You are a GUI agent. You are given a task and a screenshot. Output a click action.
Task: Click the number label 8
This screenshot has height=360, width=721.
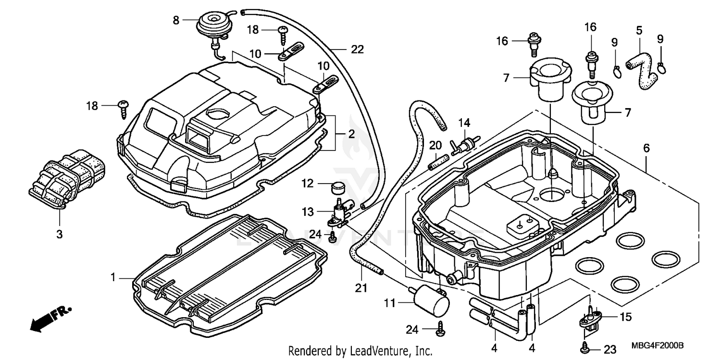tap(176, 20)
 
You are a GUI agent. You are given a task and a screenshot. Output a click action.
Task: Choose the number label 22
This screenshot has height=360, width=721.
tap(357, 49)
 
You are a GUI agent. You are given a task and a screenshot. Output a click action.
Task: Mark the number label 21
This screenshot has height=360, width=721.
tap(361, 288)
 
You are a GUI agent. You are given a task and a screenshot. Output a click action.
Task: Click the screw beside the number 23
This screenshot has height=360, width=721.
tap(585, 345)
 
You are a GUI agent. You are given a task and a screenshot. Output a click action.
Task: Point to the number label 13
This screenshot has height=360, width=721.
tap(308, 211)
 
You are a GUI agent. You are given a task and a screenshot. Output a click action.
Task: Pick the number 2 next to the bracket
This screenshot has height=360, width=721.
tap(351, 135)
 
